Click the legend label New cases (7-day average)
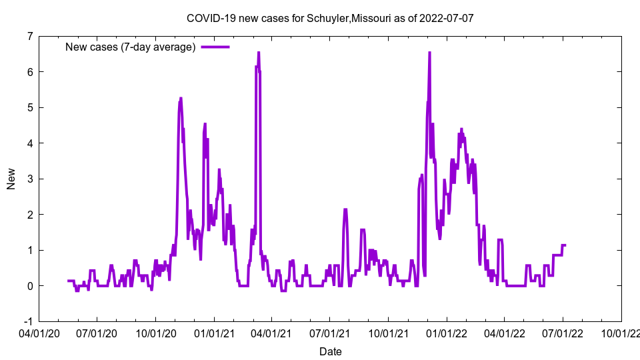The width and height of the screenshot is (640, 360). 130,47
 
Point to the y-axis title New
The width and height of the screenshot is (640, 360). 11,179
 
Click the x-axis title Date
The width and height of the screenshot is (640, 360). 331,351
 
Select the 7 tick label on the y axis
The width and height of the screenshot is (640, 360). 29,36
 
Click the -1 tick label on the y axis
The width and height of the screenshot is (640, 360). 27,321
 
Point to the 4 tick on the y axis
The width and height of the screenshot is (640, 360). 29,143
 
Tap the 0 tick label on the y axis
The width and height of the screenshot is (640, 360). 29,286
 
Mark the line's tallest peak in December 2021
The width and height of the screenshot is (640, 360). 429,53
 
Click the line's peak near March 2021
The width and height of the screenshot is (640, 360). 259,53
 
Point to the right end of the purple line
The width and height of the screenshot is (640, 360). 565,245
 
